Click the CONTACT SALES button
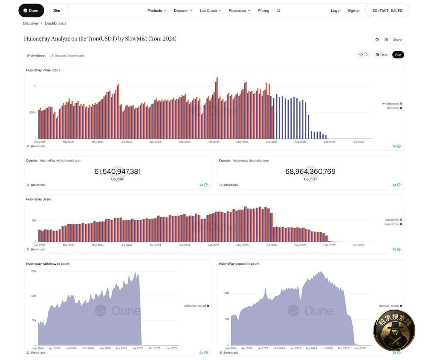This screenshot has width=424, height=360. tap(387, 11)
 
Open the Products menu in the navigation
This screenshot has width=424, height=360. tap(156, 11)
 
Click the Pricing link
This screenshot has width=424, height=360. tap(263, 11)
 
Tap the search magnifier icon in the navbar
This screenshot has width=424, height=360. tap(279, 11)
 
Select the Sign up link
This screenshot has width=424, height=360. tap(353, 11)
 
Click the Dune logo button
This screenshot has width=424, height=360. tap(31, 11)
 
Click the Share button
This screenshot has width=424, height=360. tap(397, 40)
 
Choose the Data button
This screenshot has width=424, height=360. tap(381, 55)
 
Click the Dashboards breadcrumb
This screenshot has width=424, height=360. tap(56, 23)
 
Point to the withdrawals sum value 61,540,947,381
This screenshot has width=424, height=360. tap(118, 171)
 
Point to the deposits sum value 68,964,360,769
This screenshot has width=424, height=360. tap(310, 171)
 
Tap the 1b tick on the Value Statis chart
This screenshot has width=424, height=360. tap(35, 86)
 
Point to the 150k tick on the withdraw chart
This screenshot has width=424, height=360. tap(33, 271)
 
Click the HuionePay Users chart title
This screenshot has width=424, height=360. tap(38, 199)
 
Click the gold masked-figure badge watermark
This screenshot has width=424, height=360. tap(394, 330)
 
